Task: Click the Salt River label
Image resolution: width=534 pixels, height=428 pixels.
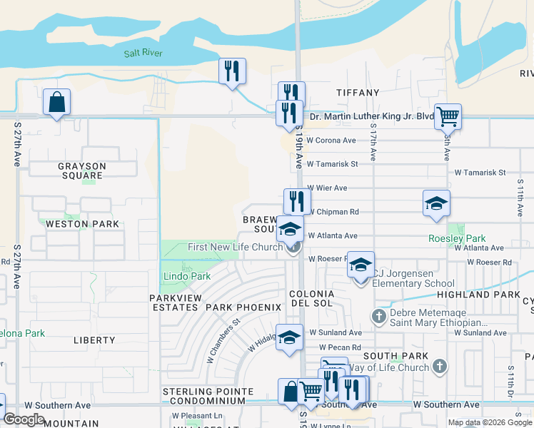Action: click(x=143, y=53)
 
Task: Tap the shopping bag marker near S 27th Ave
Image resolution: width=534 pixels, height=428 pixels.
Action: click(x=56, y=103)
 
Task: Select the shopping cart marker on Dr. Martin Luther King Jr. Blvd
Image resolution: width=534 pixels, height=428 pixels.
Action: click(x=448, y=116)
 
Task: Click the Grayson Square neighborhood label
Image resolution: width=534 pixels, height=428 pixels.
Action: click(x=82, y=171)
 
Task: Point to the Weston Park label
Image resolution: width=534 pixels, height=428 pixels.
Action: click(x=77, y=223)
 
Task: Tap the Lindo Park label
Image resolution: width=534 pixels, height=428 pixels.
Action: click(x=186, y=276)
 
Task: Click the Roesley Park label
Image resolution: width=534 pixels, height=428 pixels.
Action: click(x=457, y=239)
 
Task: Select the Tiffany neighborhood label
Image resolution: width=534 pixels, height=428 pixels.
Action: click(x=358, y=93)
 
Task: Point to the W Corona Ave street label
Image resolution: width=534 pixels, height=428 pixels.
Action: click(x=331, y=141)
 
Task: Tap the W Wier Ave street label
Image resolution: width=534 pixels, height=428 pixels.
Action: click(x=327, y=188)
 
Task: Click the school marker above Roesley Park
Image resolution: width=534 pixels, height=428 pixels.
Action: click(x=436, y=203)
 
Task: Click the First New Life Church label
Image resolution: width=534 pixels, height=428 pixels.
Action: click(x=236, y=248)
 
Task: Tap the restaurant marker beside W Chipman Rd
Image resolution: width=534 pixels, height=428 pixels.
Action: click(x=297, y=201)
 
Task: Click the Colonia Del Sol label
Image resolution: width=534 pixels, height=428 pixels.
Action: click(x=312, y=300)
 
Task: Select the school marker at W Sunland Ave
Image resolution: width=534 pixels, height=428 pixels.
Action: click(x=289, y=338)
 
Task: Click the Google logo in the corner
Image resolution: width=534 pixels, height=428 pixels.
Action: click(x=24, y=419)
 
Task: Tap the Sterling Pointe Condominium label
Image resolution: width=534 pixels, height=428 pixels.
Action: click(x=208, y=396)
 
